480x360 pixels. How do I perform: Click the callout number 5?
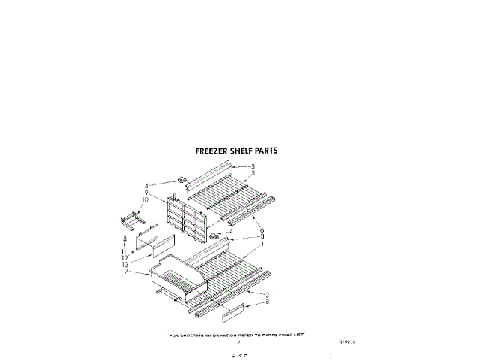[x=253, y=173]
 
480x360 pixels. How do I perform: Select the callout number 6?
[x=261, y=229]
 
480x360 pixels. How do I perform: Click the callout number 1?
[x=262, y=245]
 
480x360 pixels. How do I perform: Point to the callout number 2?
[x=266, y=294]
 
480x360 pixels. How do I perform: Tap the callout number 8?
[x=266, y=301]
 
